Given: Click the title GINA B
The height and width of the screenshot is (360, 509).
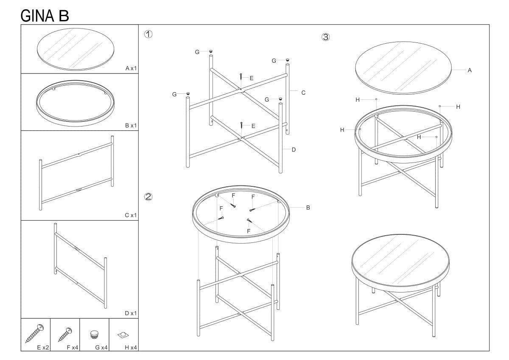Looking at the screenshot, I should click(45, 16).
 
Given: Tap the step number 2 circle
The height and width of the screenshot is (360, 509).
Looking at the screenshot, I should click(148, 197).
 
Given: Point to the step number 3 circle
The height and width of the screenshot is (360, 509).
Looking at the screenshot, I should click(325, 37).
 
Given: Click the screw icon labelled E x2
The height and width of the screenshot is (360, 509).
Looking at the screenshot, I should click(34, 333).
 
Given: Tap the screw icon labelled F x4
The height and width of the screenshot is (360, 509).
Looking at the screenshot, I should click(65, 334).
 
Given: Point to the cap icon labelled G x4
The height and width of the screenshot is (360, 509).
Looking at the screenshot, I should click(94, 335).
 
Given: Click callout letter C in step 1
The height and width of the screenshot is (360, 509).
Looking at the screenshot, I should click(303, 93).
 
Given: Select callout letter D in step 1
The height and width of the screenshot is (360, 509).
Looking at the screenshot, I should click(294, 149).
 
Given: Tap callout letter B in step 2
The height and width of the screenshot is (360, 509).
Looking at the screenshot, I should click(308, 208).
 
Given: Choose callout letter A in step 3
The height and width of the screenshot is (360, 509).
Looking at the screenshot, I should click(470, 70).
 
